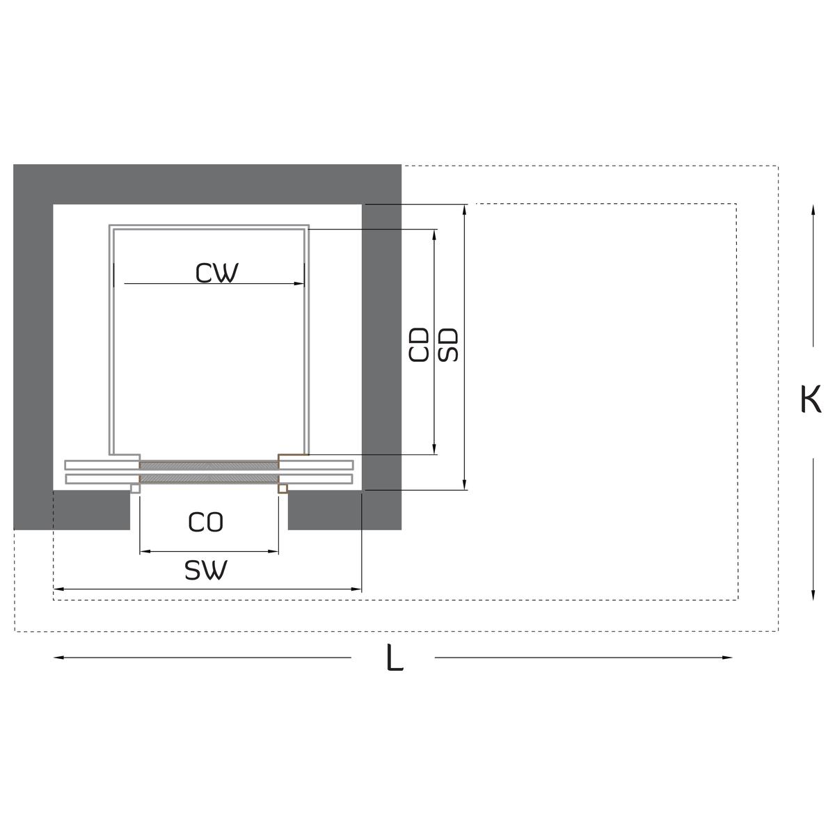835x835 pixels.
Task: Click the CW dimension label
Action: [x=216, y=273]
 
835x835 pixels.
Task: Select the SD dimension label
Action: [x=450, y=344]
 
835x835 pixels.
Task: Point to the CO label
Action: [x=206, y=522]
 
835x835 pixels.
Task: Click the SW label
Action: [x=206, y=571]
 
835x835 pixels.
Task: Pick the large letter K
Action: [x=811, y=400]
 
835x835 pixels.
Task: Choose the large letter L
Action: [x=395, y=658]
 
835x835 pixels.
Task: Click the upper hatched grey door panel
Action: [x=209, y=465]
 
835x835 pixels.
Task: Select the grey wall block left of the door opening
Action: [x=91, y=509]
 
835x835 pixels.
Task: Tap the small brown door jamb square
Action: [x=283, y=489]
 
